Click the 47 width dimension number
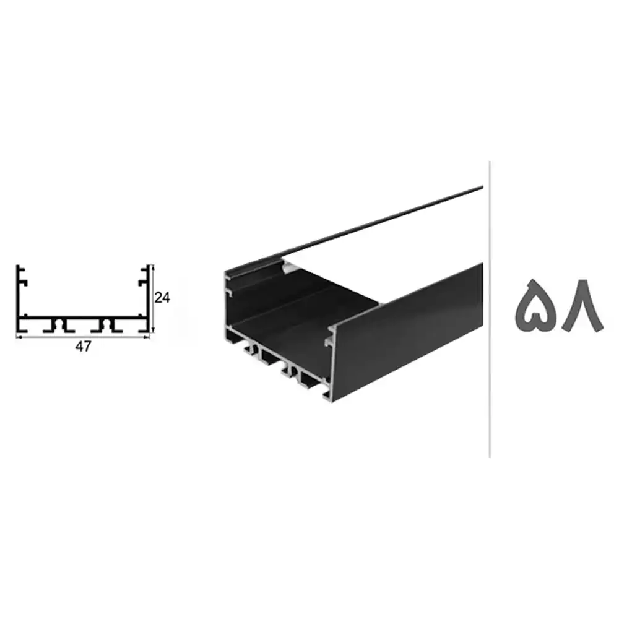point(83,346)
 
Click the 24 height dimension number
point(162,298)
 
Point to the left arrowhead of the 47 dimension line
point(18,337)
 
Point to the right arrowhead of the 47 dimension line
point(148,337)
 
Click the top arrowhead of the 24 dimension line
point(153,267)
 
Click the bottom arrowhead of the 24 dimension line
point(153,330)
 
